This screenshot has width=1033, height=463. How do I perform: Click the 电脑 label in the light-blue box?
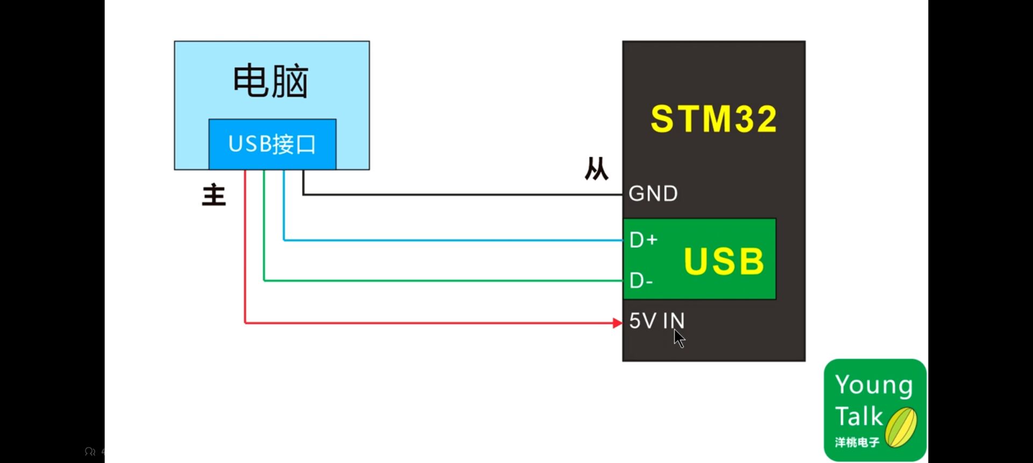[x=271, y=81]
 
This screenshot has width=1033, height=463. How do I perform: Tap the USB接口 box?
[x=272, y=144]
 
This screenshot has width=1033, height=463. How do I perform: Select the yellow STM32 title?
[x=713, y=119]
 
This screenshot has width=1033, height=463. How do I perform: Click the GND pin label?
[x=653, y=194]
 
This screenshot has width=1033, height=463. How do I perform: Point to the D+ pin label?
[x=643, y=240]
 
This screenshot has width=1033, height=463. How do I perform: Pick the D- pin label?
[x=641, y=281]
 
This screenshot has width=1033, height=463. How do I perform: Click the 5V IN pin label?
[x=656, y=321]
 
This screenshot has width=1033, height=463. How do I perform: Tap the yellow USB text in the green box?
[x=724, y=262]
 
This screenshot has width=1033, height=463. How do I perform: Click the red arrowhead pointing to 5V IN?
[x=617, y=323]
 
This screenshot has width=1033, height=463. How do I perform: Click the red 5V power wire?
[x=430, y=323]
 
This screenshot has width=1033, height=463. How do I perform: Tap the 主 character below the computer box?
[x=214, y=195]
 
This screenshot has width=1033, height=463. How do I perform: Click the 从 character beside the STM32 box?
[x=596, y=169]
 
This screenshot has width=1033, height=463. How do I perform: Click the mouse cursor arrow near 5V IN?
[x=679, y=338]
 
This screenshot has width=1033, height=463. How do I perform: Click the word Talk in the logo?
[x=859, y=417]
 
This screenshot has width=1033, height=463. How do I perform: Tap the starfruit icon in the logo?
[x=901, y=428]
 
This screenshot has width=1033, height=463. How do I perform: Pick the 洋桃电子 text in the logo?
[x=857, y=443]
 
